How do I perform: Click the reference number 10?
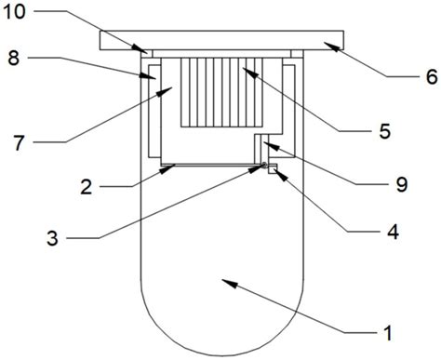[14, 12]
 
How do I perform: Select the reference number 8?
[14, 58]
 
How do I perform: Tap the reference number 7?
[19, 143]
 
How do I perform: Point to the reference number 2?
[87, 187]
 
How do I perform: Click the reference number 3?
[52, 238]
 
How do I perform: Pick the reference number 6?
[432, 77]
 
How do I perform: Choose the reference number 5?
[384, 131]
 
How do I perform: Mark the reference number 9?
[402, 184]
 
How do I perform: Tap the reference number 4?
[393, 232]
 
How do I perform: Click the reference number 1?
[388, 333]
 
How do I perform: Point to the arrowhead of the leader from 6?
[332, 46]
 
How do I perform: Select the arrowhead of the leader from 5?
[250, 73]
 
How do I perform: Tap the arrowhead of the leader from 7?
[165, 91]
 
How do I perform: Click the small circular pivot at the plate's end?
[264, 165]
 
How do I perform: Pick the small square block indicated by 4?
[273, 169]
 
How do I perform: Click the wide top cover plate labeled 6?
[221, 40]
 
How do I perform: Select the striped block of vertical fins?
[221, 92]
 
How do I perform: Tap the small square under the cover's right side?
[297, 54]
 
